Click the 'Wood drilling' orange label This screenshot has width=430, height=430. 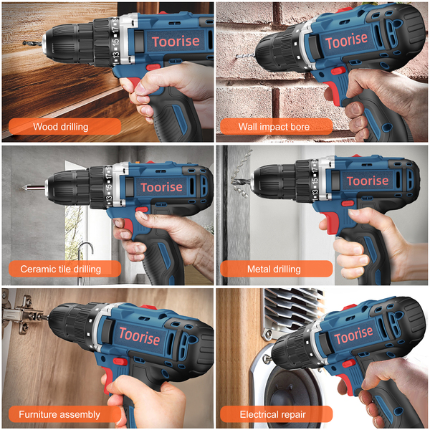[64, 126]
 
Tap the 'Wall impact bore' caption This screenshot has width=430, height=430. [276, 126]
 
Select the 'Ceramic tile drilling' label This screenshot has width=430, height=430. [64, 269]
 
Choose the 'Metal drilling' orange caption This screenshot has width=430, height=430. [276, 269]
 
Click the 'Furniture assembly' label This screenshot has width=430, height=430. [64, 414]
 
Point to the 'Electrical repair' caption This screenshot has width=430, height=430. [276, 414]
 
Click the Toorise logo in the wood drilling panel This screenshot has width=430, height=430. [176, 42]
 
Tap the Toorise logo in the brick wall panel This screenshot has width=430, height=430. [346, 41]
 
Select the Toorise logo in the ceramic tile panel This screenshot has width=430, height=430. [161, 187]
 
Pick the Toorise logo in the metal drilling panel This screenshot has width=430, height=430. [368, 181]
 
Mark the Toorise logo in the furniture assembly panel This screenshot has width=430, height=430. [139, 335]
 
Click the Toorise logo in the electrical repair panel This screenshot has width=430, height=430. [353, 335]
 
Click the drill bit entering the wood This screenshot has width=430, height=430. [32, 43]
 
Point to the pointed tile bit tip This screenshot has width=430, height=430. [24, 188]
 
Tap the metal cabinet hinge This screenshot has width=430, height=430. [22, 315]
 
